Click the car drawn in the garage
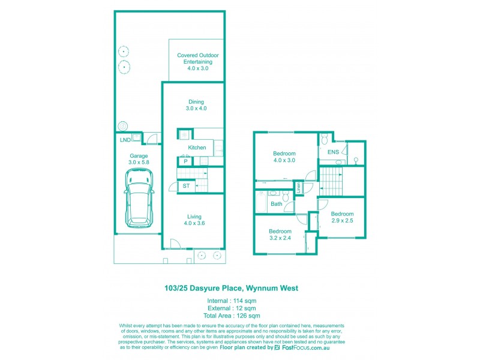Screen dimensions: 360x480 coord(138,197)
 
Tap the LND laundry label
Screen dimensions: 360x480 coord(125,140)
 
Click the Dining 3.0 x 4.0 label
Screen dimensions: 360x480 coord(196,105)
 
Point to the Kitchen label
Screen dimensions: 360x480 coord(197,148)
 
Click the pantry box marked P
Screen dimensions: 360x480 coord(185,161)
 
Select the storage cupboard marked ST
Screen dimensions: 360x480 coord(186,187)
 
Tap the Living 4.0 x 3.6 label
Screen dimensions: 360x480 coord(194,220)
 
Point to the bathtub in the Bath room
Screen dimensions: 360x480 coord(260,205)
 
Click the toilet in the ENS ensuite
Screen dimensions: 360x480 coord(325,140)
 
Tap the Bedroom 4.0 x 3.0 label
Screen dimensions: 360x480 coord(285,157)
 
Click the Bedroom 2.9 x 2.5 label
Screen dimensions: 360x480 coord(341,217)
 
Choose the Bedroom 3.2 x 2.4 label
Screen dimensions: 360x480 coord(280,235)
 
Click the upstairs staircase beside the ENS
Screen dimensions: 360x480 coord(329,180)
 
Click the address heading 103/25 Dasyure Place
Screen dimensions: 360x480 coord(231,288)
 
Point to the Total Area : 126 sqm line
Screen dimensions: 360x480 coord(232,316)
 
